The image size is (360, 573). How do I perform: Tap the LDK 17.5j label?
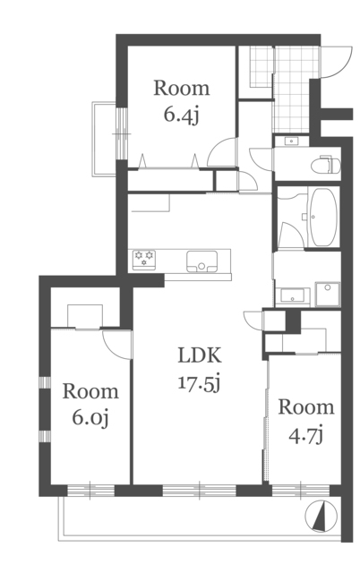point(200,369)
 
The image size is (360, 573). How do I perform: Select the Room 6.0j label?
point(90,405)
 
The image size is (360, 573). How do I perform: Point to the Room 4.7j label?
point(306,421)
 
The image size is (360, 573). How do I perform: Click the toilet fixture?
point(325,165)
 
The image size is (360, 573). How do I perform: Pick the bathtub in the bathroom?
point(323,217)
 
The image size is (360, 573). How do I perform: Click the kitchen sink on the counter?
point(201,261)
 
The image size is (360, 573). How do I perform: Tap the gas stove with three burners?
point(143,260)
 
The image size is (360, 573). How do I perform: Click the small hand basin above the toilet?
point(291,141)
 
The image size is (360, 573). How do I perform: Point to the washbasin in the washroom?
point(293,296)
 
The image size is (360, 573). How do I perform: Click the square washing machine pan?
point(328,294)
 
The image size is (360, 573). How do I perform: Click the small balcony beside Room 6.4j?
point(104,139)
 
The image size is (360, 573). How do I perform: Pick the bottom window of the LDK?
point(200,490)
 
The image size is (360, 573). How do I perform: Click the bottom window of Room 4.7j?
point(301,490)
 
